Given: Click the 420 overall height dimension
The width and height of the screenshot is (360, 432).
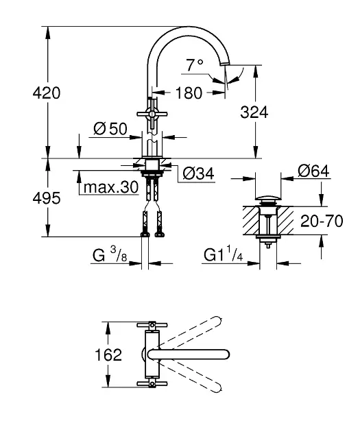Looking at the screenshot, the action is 46,93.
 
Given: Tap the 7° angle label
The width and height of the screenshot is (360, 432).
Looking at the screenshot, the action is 195,65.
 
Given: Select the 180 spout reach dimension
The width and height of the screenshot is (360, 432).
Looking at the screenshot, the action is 189,93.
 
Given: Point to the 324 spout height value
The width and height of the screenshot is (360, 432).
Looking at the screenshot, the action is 254,112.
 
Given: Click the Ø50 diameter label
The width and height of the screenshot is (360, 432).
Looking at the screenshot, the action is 110,129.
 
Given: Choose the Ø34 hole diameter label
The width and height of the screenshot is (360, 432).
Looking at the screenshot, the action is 198,173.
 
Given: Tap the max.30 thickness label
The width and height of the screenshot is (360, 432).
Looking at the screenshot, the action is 111,188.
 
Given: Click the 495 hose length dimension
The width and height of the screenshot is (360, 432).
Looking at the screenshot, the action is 46,198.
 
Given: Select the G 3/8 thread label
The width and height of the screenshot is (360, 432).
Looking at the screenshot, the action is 110,255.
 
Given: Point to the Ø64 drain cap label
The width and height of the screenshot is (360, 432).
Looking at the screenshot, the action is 313,171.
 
